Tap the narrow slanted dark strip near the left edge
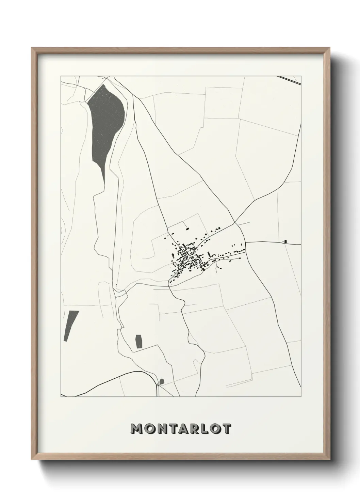(x=71, y=326)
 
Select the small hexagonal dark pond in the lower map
(x=138, y=341)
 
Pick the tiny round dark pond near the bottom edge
(x=162, y=381)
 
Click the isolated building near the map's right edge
(x=285, y=241)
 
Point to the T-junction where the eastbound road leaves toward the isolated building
(x=245, y=242)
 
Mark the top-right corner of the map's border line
(x=301, y=76)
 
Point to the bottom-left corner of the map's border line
(x=61, y=397)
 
